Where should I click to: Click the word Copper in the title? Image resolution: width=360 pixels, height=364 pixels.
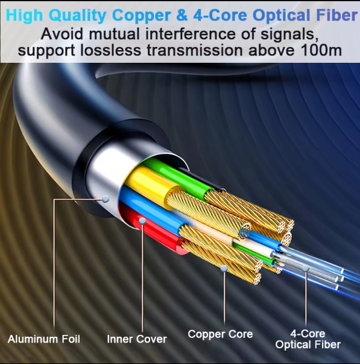[x=141, y=15]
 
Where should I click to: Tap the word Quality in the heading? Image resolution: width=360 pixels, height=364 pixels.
[x=78, y=15]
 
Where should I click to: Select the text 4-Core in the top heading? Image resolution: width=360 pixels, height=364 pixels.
[x=220, y=15]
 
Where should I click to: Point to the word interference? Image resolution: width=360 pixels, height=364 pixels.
[x=191, y=34]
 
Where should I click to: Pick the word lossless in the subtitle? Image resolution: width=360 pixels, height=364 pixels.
[x=110, y=50]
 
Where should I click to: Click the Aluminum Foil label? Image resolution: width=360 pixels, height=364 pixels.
[x=44, y=339]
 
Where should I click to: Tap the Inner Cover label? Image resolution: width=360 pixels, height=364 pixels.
[x=137, y=339]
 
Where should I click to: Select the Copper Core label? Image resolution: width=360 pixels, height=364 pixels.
[x=220, y=334]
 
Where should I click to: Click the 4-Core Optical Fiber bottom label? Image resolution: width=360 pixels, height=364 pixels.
[x=308, y=339]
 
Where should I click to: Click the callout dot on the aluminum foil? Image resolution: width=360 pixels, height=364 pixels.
[x=106, y=199]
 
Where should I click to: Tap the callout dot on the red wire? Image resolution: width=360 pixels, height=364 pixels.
[x=142, y=221]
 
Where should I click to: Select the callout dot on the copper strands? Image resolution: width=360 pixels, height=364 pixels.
[x=224, y=269]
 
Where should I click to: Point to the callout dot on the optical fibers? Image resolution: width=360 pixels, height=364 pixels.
[x=306, y=269]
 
